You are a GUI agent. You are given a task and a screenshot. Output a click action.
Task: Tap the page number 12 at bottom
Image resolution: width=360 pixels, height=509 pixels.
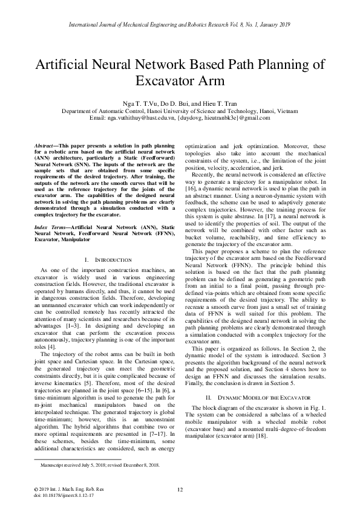[x=180, y=490]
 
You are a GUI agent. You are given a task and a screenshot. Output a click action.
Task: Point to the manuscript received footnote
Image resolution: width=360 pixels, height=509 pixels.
[x=99, y=465]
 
